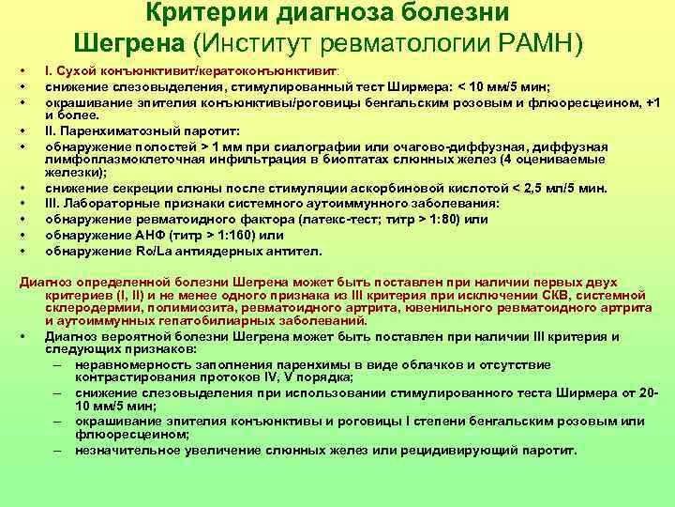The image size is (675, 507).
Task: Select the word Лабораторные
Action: pos(106,204)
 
